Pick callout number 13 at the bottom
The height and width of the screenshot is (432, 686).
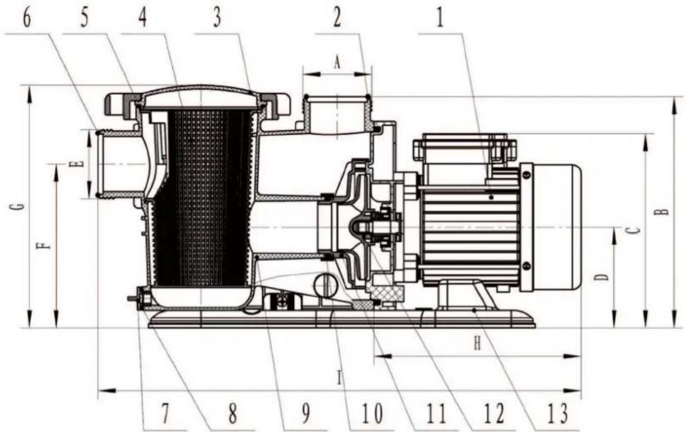click(558, 414)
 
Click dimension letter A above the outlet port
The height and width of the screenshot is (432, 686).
click(336, 62)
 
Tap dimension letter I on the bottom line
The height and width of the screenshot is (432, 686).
click(340, 378)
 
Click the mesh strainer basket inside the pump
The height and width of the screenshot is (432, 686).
click(202, 202)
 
